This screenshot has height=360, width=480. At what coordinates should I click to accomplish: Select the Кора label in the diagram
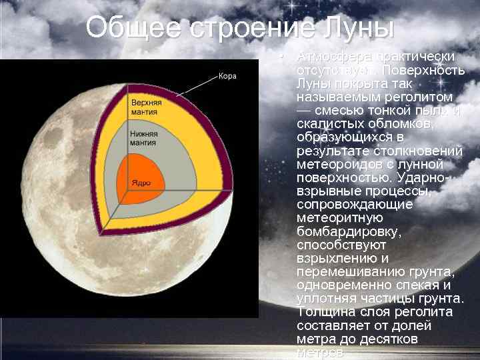tap(227, 76)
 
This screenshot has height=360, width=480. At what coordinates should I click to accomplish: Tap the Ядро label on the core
tap(141, 182)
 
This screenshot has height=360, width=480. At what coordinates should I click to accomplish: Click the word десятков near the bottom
tap(389, 339)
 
